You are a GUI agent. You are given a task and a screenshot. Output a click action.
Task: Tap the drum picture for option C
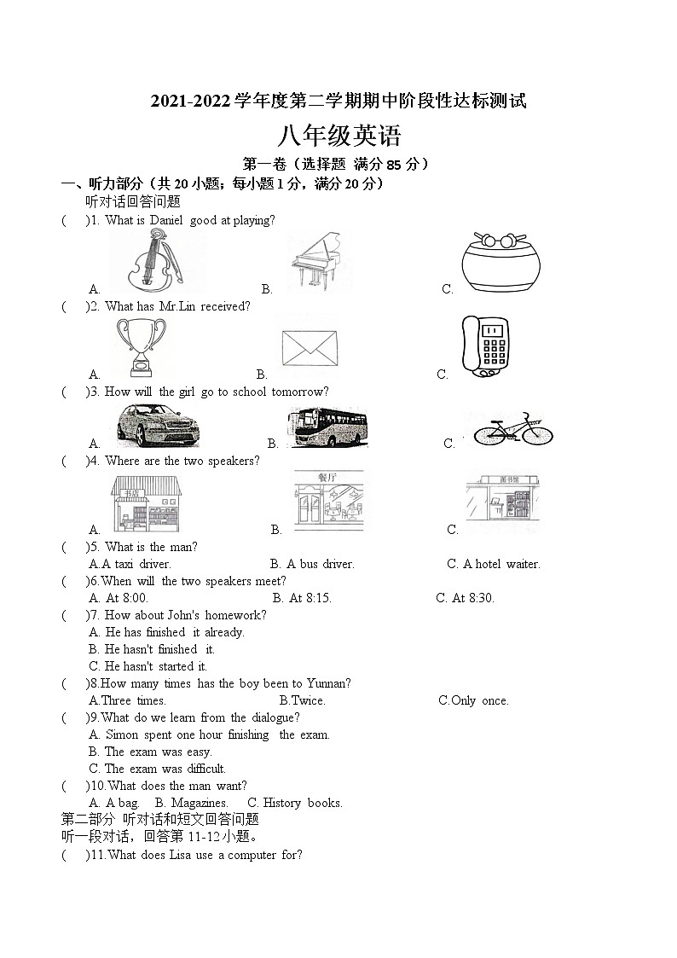[501, 263]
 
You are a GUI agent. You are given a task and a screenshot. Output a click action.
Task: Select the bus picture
[327, 427]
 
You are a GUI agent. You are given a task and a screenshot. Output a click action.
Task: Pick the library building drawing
[502, 503]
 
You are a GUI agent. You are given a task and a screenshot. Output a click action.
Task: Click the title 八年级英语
[339, 136]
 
